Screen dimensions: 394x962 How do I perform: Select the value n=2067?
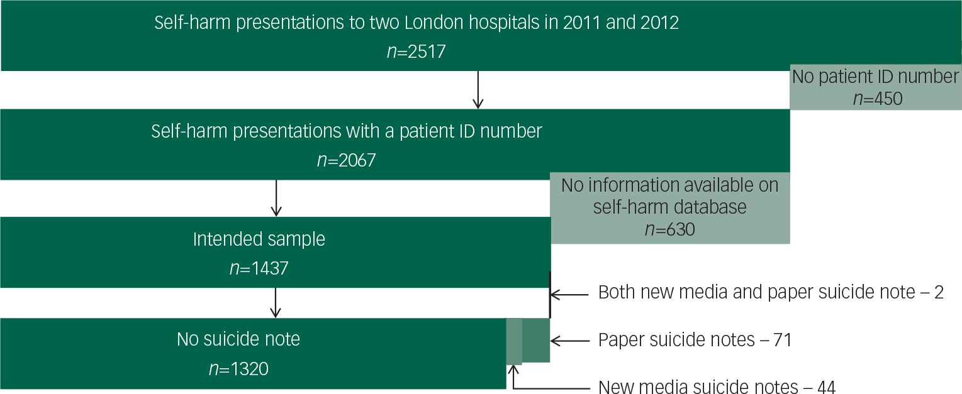pos(346,160)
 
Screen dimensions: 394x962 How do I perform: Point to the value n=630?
pos(669,229)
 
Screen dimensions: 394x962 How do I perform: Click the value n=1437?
pos(259,268)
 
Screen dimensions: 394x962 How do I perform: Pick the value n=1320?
pos(238,368)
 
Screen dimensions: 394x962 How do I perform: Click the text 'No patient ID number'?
pos(875,77)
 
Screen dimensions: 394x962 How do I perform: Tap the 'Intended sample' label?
pos(259,239)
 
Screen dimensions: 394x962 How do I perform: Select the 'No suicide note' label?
pos(238,339)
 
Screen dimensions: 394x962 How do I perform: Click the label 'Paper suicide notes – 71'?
pos(694,340)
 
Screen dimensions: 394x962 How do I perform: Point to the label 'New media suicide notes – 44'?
pos(717,387)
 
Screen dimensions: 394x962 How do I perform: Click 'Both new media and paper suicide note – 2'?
pos(771,292)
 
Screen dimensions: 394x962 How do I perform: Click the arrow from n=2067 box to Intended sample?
pos(274,197)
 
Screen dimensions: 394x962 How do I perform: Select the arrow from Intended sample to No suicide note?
pos(274,302)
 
